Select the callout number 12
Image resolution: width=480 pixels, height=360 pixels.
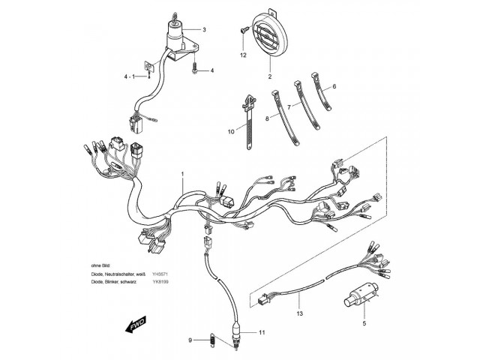tap(243, 55)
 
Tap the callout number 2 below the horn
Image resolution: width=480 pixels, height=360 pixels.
tap(268, 77)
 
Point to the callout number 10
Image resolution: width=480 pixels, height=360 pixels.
tap(231, 130)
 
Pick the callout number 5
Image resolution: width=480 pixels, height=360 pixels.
tap(364, 324)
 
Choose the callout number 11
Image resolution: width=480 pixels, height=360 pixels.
tap(262, 331)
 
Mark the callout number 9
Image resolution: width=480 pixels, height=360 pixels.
tap(190, 341)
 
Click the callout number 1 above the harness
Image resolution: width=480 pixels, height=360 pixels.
tap(181, 173)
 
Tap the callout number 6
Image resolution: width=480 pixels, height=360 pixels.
tap(334, 87)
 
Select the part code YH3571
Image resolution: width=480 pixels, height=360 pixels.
tap(160, 274)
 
